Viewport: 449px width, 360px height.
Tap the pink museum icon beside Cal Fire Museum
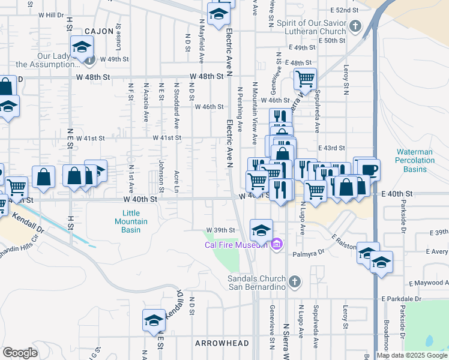276,244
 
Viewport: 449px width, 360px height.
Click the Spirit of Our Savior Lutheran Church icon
356,26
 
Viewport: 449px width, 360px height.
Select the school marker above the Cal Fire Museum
261,230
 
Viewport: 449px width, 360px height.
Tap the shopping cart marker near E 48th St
306,79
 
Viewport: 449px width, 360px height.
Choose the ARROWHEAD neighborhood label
218,343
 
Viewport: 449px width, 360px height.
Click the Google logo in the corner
20,353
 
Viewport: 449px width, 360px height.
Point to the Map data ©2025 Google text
411,355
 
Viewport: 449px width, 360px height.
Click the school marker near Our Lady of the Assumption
82,47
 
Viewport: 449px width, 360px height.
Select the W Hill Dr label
47,14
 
